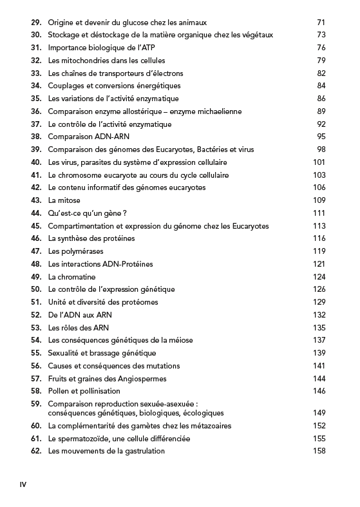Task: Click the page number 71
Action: point(321,23)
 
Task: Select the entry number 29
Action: point(36,23)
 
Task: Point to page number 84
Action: point(321,86)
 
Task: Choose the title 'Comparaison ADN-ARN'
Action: point(88,137)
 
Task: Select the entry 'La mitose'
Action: point(64,200)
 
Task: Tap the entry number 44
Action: point(36,213)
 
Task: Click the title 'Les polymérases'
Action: point(76,251)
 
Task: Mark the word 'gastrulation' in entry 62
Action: point(144,451)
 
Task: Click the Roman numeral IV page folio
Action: point(24,484)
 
